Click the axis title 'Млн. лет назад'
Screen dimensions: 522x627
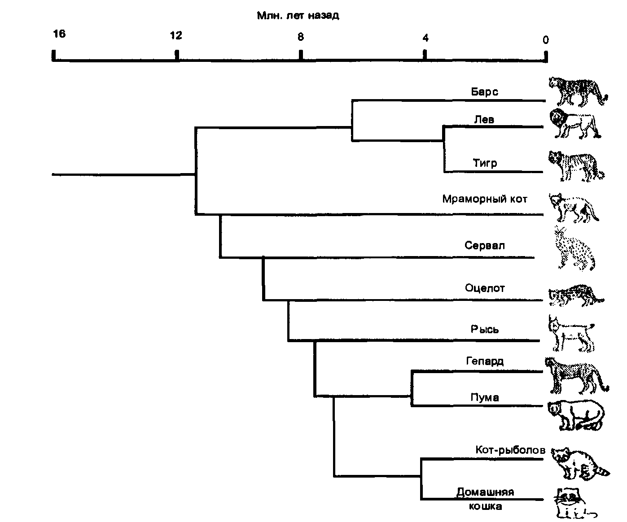click(298, 16)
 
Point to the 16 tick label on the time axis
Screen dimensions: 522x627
click(59, 34)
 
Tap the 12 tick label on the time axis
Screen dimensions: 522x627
click(176, 35)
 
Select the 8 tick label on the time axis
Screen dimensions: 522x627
click(301, 37)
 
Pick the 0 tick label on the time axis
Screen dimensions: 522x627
click(545, 40)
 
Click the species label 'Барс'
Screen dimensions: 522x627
click(485, 92)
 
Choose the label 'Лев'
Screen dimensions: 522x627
click(484, 119)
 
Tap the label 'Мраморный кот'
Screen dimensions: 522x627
click(485, 199)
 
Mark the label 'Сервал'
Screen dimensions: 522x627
click(485, 246)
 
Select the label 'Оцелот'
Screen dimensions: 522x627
click(485, 288)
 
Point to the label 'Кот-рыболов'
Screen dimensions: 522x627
click(510, 450)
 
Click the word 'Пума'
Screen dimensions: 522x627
click(485, 397)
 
